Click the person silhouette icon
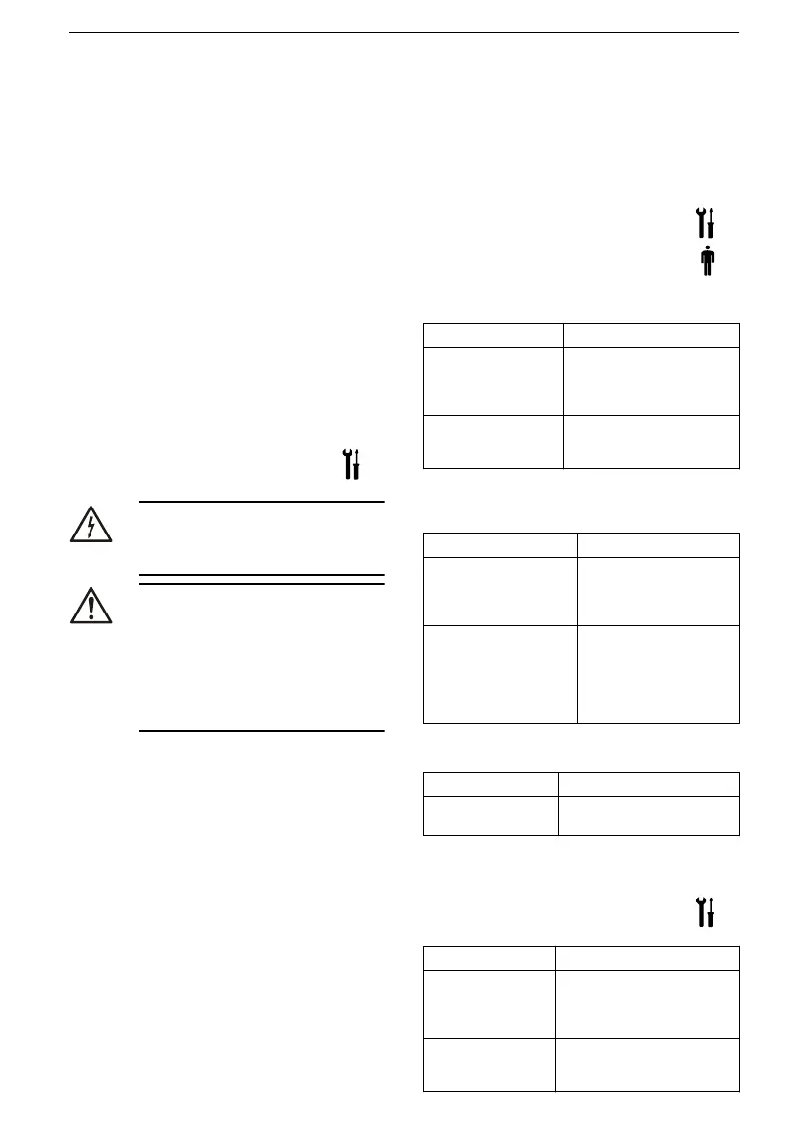[x=707, y=261]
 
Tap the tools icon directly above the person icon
[x=706, y=223]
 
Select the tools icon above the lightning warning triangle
[x=352, y=464]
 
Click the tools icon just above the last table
[x=706, y=911]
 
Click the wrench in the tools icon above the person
[x=701, y=223]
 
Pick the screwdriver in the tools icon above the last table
[x=712, y=911]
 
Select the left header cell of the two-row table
[x=490, y=784]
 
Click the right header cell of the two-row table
[x=648, y=784]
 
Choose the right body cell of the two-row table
[x=648, y=815]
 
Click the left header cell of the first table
[x=493, y=334]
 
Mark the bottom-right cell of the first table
[x=651, y=441]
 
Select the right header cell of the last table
[x=647, y=957]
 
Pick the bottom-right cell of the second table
[x=658, y=673]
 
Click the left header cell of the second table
[x=500, y=544]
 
